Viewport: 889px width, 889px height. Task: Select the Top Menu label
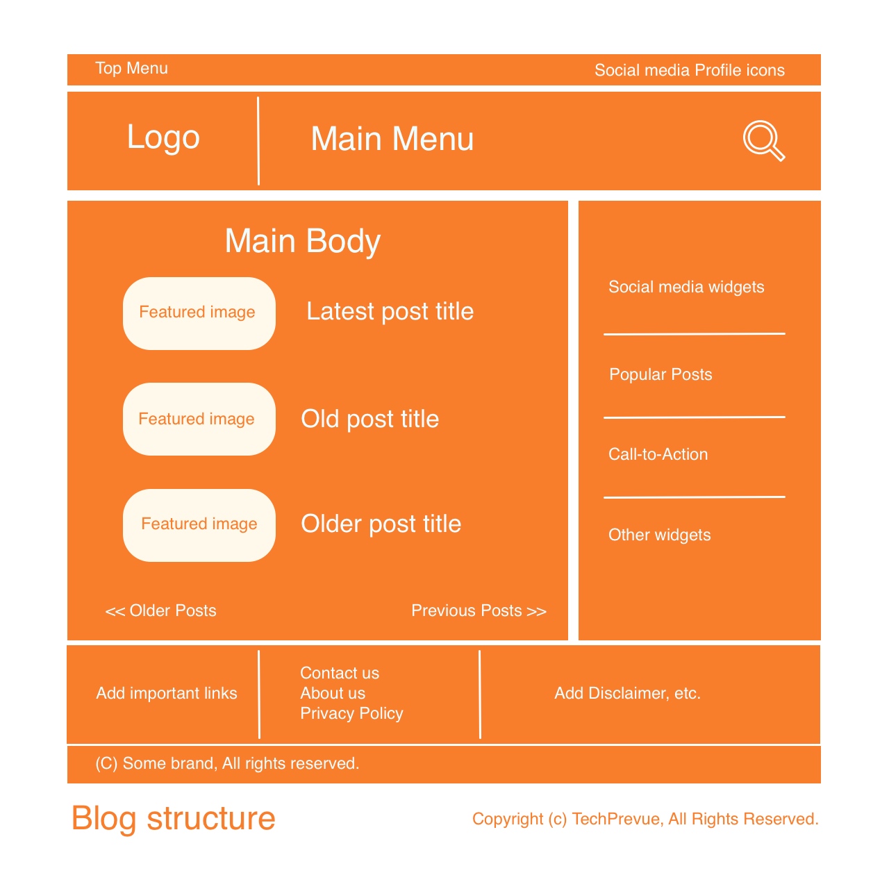(131, 68)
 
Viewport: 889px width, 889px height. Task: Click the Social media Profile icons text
(689, 70)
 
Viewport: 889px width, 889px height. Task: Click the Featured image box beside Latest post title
(199, 313)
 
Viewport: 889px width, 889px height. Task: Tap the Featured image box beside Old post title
(199, 419)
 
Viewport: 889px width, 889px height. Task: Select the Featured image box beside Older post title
(199, 525)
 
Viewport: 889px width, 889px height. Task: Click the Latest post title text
(390, 312)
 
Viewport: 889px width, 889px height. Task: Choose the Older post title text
(381, 524)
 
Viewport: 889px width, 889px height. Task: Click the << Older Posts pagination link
(160, 610)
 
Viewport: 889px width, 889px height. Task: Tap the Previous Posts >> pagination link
(479, 610)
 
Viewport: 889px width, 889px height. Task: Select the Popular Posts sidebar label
(660, 374)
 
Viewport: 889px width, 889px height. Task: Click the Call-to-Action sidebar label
(658, 454)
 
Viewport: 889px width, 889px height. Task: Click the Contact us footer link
(340, 673)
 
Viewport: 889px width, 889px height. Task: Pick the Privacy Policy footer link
(351, 714)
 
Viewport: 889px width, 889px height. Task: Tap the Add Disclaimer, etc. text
(627, 693)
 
